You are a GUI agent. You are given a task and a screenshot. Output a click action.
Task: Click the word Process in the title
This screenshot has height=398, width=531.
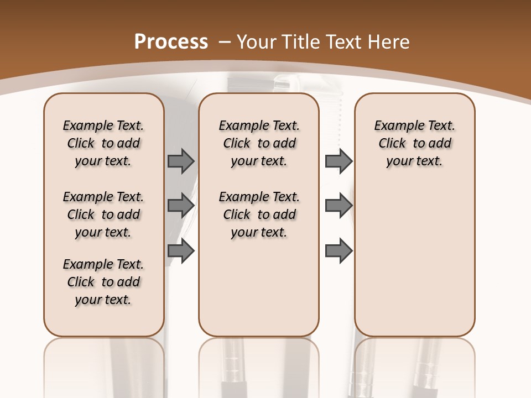coord(171,41)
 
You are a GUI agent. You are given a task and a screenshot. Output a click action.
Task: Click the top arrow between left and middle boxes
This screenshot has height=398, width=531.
coord(181,161)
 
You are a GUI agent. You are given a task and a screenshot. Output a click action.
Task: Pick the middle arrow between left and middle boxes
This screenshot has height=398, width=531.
coord(181,206)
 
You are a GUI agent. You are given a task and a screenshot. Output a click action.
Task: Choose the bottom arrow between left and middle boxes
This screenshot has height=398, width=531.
coord(181,251)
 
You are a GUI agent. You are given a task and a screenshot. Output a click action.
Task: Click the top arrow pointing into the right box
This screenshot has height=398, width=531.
coord(339,161)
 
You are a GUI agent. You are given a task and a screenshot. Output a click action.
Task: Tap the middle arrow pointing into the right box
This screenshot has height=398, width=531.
coord(339,206)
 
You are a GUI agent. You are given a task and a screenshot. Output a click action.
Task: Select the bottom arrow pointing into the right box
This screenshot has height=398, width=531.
coord(339,251)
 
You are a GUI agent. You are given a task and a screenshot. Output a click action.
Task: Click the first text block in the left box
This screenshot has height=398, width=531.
coord(103,143)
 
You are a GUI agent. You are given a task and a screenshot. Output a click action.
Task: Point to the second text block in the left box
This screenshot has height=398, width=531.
coord(103,214)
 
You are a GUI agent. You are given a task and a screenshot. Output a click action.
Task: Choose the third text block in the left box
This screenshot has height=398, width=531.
coord(103,282)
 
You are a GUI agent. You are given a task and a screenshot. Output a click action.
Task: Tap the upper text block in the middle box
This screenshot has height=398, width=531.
coord(259,143)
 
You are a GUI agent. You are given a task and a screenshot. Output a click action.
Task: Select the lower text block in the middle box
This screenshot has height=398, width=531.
coord(259,214)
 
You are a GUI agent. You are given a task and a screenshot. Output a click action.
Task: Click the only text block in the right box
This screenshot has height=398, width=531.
coord(414,143)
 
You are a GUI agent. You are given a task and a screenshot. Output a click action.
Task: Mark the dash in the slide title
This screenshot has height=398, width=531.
coord(225,41)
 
